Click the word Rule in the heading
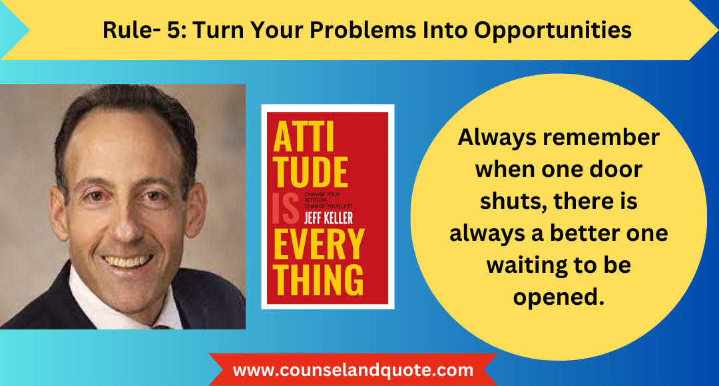coord(122,30)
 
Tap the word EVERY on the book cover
coord(318,245)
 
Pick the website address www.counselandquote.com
coord(353,370)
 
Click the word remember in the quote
coord(597,138)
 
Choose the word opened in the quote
coord(558,297)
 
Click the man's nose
coord(126,220)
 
